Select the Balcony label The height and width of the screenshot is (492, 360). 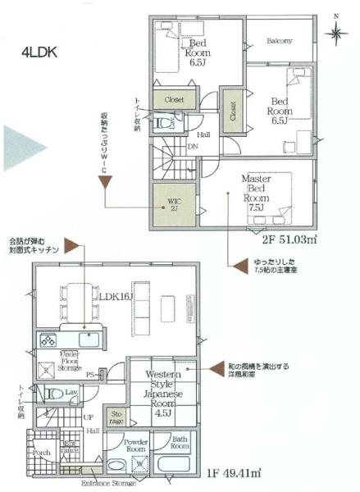279,40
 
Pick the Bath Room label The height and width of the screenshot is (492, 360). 180,443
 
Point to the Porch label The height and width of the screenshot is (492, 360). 43,452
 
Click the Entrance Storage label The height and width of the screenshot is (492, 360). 108,484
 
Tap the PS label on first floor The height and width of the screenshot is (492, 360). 92,376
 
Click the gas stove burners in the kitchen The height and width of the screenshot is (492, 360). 48,339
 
